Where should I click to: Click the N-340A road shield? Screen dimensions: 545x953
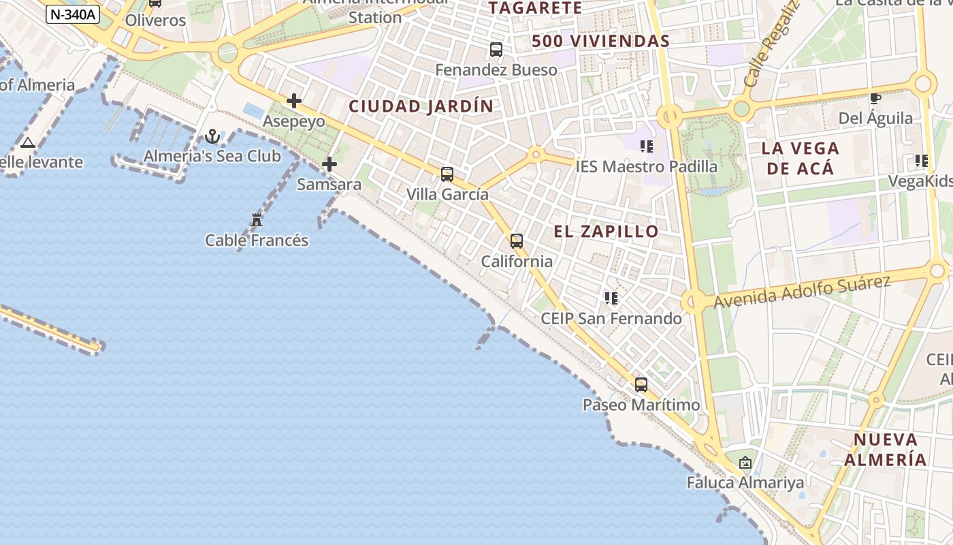click(x=73, y=14)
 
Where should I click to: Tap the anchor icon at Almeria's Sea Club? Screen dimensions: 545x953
click(x=212, y=137)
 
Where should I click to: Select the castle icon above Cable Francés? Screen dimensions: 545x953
click(x=257, y=220)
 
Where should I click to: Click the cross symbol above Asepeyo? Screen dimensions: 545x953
click(x=294, y=102)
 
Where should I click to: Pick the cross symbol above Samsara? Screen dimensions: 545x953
click(x=329, y=164)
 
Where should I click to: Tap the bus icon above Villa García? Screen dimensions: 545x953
click(x=447, y=174)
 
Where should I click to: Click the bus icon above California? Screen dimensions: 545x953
click(x=517, y=241)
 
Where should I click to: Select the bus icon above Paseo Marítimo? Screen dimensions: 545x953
click(x=641, y=385)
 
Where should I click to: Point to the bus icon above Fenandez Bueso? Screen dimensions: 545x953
click(x=496, y=50)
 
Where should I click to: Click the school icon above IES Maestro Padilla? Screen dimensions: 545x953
click(x=647, y=146)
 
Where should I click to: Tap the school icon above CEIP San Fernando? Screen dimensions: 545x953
click(x=611, y=298)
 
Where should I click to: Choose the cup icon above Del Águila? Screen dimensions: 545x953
click(x=875, y=99)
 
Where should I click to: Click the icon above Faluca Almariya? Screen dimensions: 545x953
click(x=745, y=463)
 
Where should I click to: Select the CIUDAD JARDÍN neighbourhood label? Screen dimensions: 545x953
click(x=421, y=106)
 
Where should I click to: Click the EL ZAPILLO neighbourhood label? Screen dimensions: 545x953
click(x=606, y=232)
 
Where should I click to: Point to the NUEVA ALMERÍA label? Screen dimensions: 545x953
click(x=886, y=450)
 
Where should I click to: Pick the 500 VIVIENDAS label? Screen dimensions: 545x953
click(x=600, y=41)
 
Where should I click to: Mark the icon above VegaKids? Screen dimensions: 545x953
click(x=922, y=161)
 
